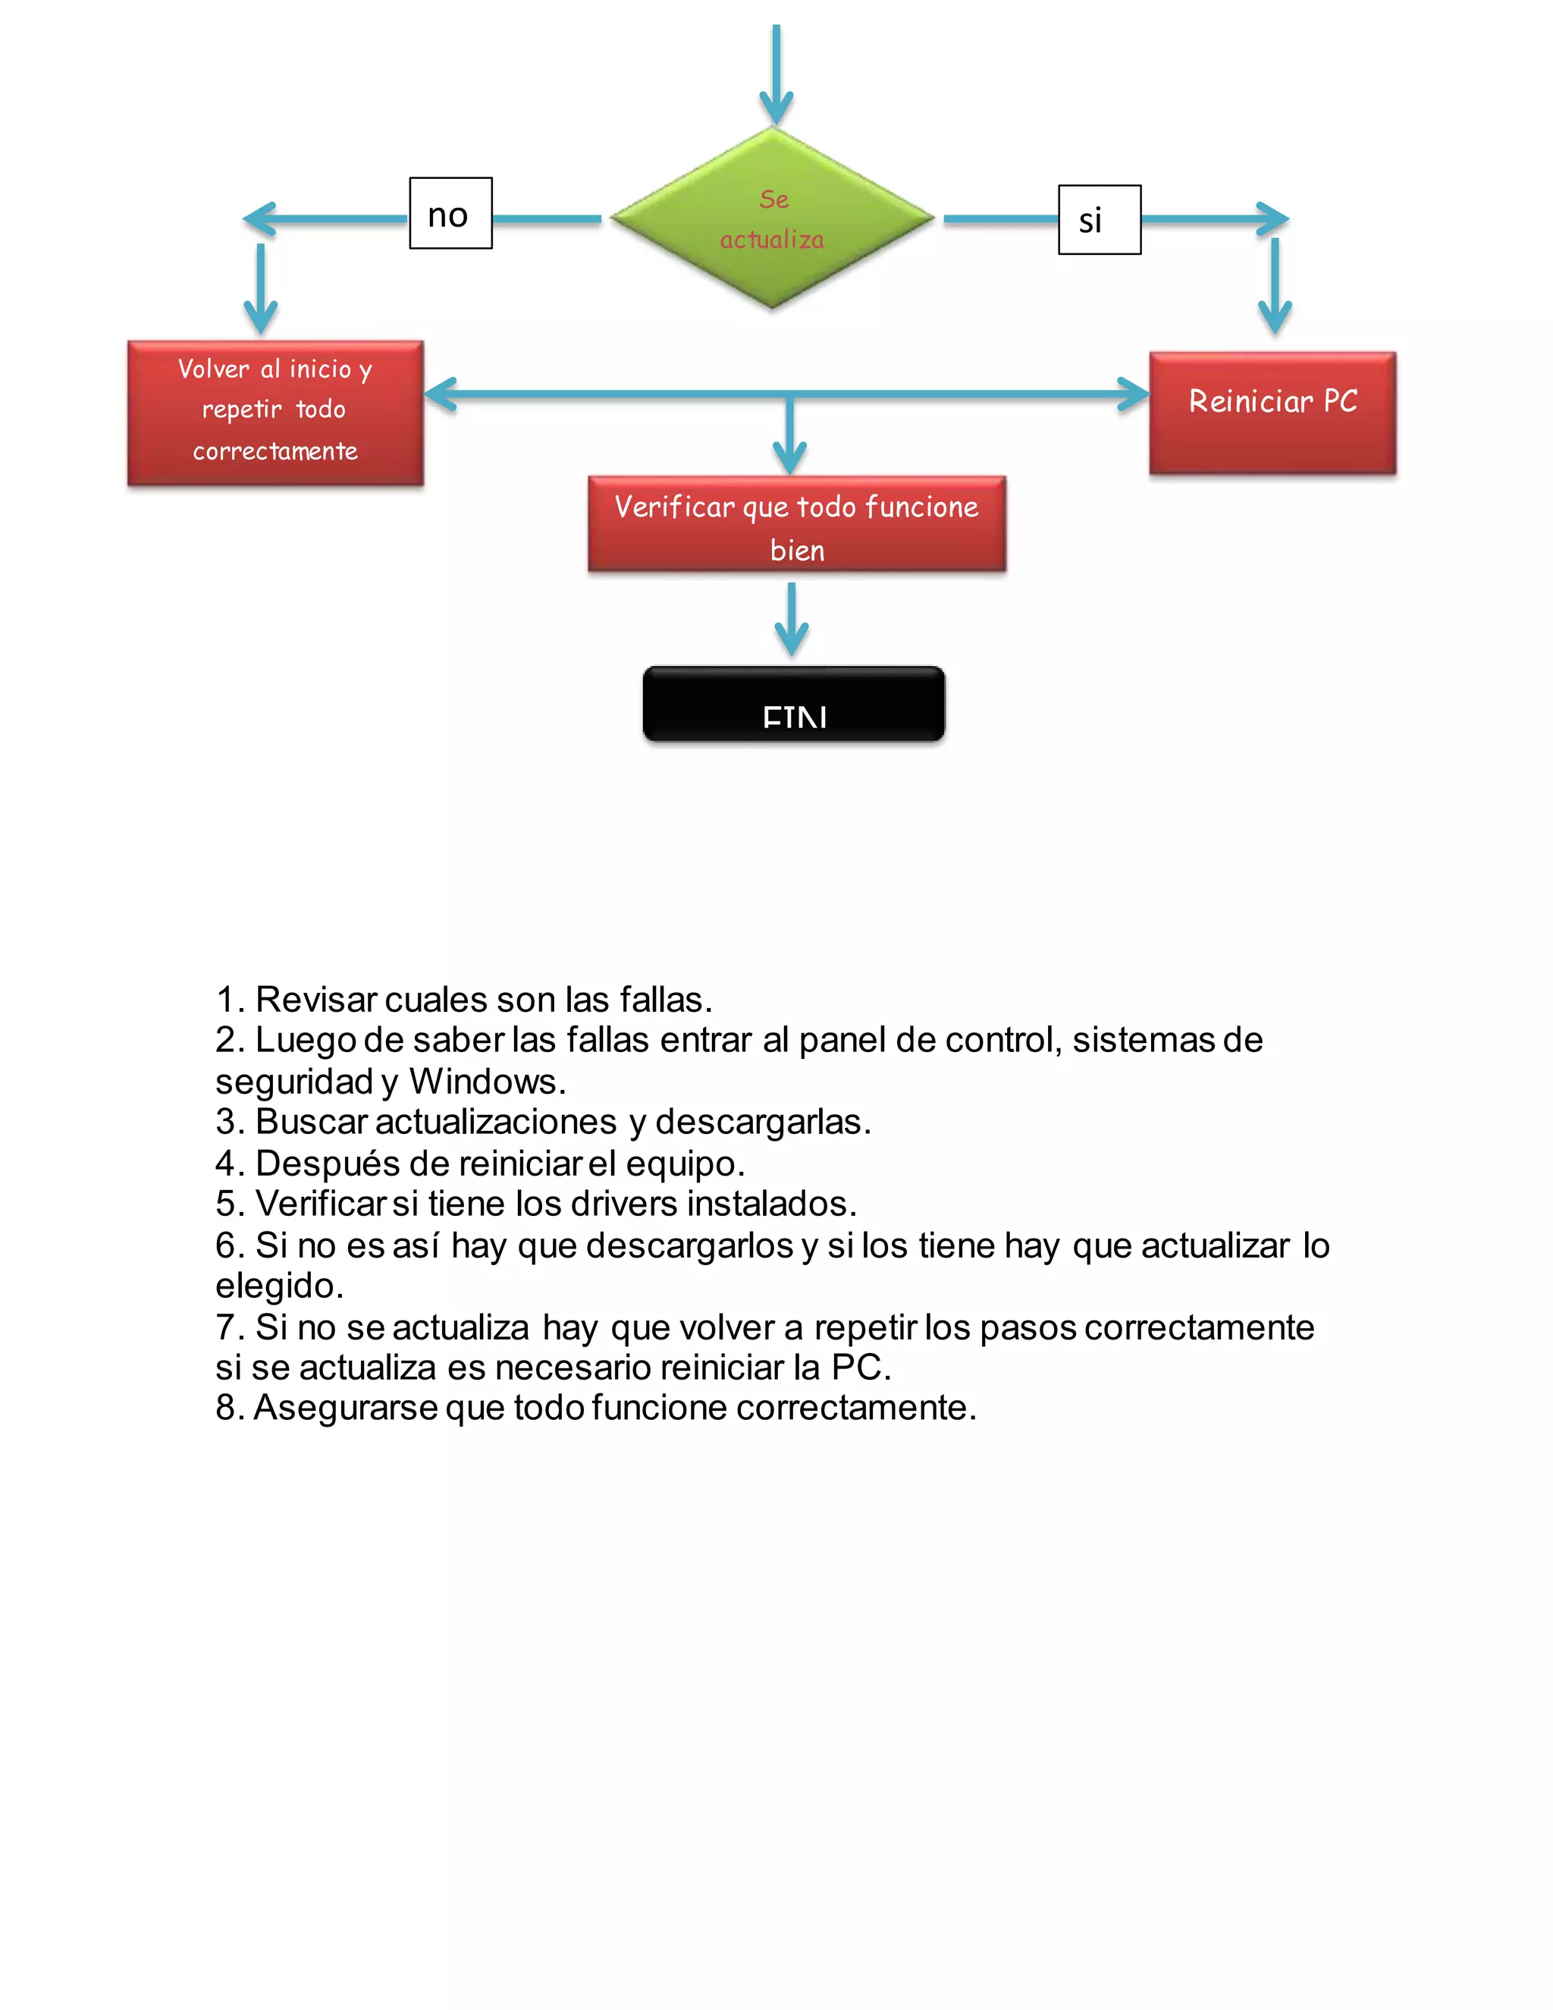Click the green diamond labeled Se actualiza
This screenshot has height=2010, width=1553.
click(x=773, y=219)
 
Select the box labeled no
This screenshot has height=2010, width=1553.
click(x=450, y=214)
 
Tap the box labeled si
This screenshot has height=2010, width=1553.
click(x=1100, y=220)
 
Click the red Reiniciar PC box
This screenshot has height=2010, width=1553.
click(x=1272, y=413)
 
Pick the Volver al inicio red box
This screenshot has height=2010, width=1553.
click(x=275, y=413)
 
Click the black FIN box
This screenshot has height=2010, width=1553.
click(x=793, y=704)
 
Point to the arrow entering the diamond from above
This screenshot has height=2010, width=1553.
click(x=776, y=74)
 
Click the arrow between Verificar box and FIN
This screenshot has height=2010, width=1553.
click(x=791, y=620)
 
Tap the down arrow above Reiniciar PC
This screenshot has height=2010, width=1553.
click(x=1274, y=286)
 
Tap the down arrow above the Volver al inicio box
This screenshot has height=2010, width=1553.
click(x=260, y=288)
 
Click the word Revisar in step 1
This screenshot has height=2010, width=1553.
click(x=315, y=1000)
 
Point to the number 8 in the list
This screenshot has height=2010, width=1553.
click(x=225, y=1408)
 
